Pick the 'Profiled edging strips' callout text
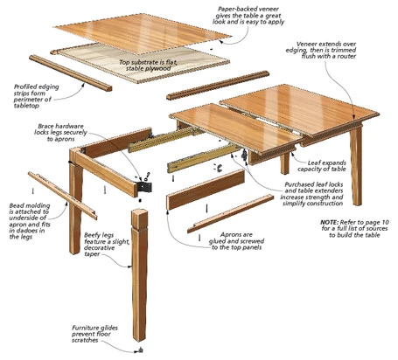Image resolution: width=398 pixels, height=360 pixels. click(x=43, y=93)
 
